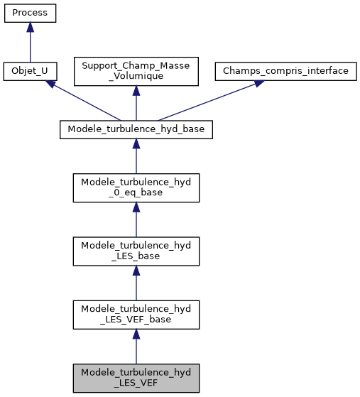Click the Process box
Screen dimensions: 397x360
click(30, 13)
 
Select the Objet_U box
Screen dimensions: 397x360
click(30, 72)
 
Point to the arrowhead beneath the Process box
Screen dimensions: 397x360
click(30, 27)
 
